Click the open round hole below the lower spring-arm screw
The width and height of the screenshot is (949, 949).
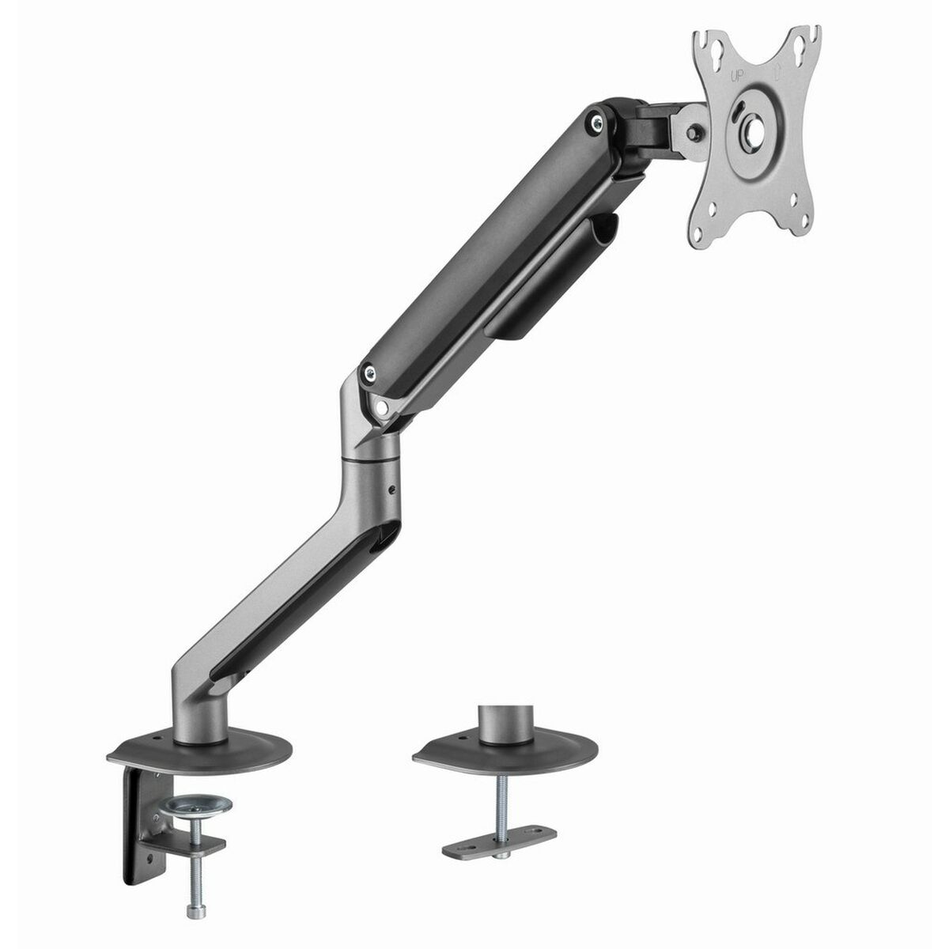383,406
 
